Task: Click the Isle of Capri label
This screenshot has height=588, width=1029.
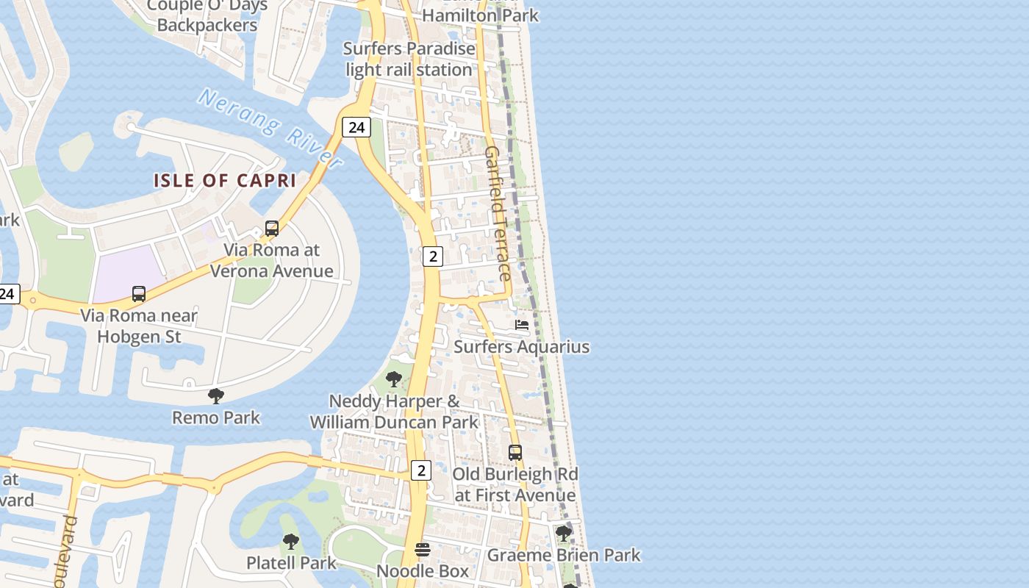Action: (x=224, y=180)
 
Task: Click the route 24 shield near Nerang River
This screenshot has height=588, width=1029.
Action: (x=356, y=127)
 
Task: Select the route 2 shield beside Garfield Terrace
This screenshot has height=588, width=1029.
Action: (x=433, y=256)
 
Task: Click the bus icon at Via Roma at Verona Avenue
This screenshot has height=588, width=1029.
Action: (x=272, y=229)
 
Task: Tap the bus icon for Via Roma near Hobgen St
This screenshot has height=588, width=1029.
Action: (x=139, y=294)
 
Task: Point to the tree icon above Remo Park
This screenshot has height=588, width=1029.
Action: (x=215, y=396)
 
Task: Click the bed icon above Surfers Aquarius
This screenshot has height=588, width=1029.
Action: (x=522, y=325)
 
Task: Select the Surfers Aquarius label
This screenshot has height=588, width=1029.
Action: (x=521, y=346)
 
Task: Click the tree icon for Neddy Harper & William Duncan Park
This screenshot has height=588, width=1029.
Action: (x=394, y=379)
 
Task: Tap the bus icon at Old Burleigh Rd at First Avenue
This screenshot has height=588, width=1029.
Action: (x=515, y=453)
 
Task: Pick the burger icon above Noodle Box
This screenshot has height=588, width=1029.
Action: (x=423, y=550)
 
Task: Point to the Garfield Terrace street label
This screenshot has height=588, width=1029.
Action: (x=498, y=213)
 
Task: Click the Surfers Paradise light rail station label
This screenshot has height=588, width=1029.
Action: (x=409, y=60)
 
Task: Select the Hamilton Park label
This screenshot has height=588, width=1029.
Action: (x=481, y=15)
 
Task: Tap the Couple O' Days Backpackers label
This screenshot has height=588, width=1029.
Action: (x=207, y=16)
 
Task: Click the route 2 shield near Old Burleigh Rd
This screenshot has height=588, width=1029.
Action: (x=420, y=470)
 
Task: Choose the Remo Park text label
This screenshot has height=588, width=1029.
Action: (x=216, y=417)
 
